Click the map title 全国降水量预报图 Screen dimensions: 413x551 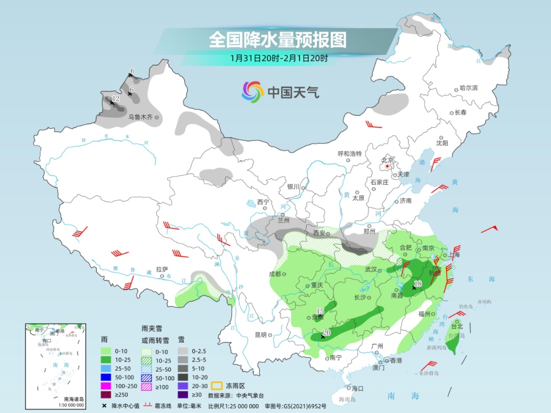tap(278, 39)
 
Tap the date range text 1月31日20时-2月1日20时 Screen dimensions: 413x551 tap(279, 58)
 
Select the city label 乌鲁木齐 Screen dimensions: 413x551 tap(140, 117)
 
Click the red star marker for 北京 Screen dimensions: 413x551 tap(388, 166)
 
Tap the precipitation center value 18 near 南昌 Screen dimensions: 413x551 tap(418, 283)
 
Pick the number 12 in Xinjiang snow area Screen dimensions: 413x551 tap(115, 98)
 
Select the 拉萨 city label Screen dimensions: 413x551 tap(162, 269)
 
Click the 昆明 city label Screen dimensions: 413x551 tap(260, 335)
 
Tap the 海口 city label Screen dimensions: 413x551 tap(357, 389)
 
